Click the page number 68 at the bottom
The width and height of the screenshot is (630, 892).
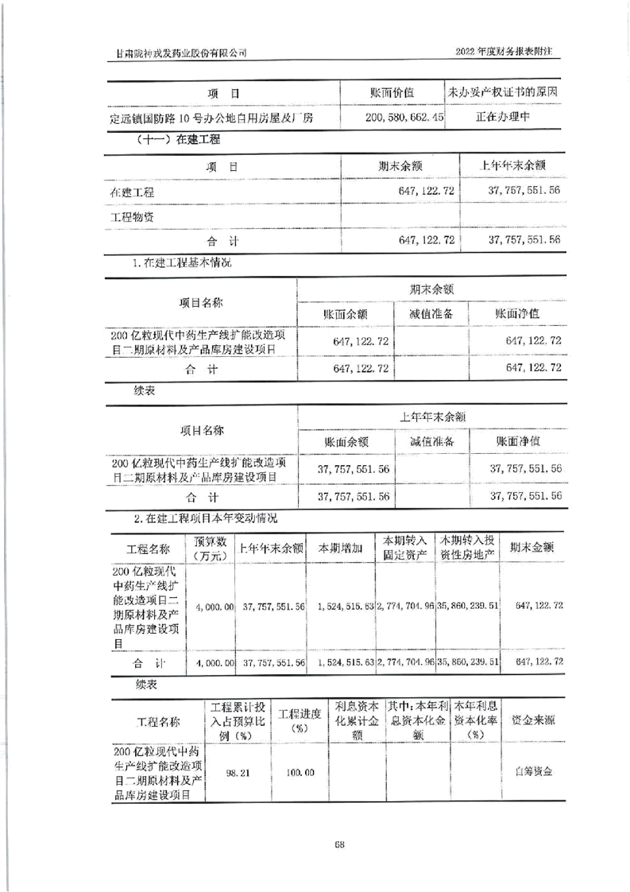(315, 844)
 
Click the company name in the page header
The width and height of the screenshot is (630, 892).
(180, 52)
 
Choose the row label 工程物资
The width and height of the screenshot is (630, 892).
(133, 216)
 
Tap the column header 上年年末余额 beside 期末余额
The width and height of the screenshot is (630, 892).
(511, 166)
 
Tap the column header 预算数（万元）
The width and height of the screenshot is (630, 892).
(210, 547)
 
